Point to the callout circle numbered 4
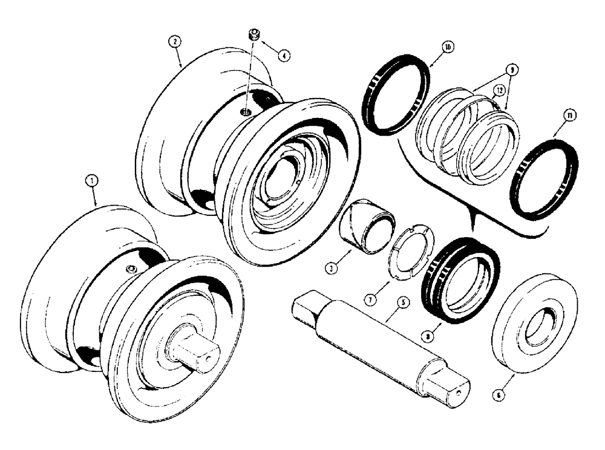pos(283,54)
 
